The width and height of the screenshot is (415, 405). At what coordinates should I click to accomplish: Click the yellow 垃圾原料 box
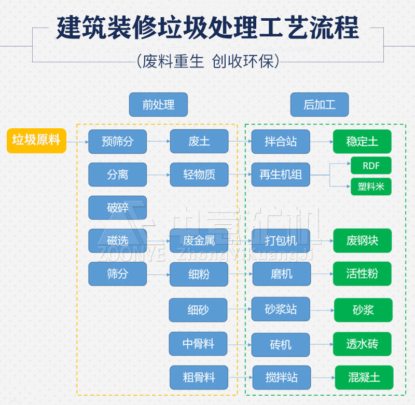point(36,141)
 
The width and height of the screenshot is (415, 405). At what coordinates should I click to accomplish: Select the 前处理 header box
point(158,104)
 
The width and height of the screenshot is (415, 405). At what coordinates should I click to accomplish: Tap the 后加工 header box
point(319,104)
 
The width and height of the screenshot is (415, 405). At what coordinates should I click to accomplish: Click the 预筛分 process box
point(117,142)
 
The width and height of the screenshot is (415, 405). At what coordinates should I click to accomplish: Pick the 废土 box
point(199,142)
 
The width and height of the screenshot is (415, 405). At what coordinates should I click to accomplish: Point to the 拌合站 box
point(281,142)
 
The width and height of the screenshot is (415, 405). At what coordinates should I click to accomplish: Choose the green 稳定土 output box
point(362,142)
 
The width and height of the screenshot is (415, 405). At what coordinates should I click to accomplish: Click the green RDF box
point(371,166)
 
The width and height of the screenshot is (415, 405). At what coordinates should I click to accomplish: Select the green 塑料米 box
point(371,186)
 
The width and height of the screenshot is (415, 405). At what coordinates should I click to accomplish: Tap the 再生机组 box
point(281,175)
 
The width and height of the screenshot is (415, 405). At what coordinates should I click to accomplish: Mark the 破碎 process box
point(117,208)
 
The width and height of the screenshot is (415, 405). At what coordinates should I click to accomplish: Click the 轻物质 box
point(199,175)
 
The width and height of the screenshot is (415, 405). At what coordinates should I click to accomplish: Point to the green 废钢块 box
point(362,241)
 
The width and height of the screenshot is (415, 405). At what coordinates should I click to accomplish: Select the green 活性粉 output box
point(362,274)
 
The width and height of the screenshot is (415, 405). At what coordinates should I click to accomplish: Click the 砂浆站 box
point(281,309)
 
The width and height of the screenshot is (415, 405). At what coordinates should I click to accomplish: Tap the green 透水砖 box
point(362,344)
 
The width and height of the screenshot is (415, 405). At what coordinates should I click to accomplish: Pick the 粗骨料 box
point(199,377)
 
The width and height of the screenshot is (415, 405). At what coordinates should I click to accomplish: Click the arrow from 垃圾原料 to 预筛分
point(77,142)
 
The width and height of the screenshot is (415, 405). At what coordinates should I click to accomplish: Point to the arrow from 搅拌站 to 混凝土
point(322,378)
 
